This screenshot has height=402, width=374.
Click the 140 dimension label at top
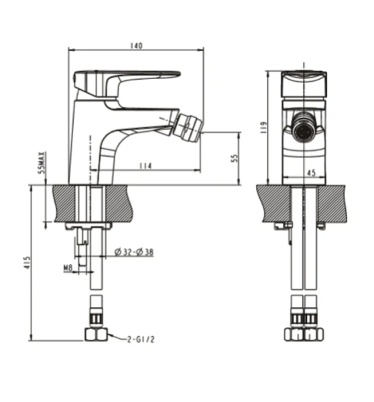(x=137, y=46)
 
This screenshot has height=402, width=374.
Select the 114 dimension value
(x=145, y=166)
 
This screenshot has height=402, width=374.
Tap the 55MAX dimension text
(x=42, y=163)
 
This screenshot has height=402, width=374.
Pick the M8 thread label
(x=68, y=267)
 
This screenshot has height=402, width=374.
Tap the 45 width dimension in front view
(x=310, y=174)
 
